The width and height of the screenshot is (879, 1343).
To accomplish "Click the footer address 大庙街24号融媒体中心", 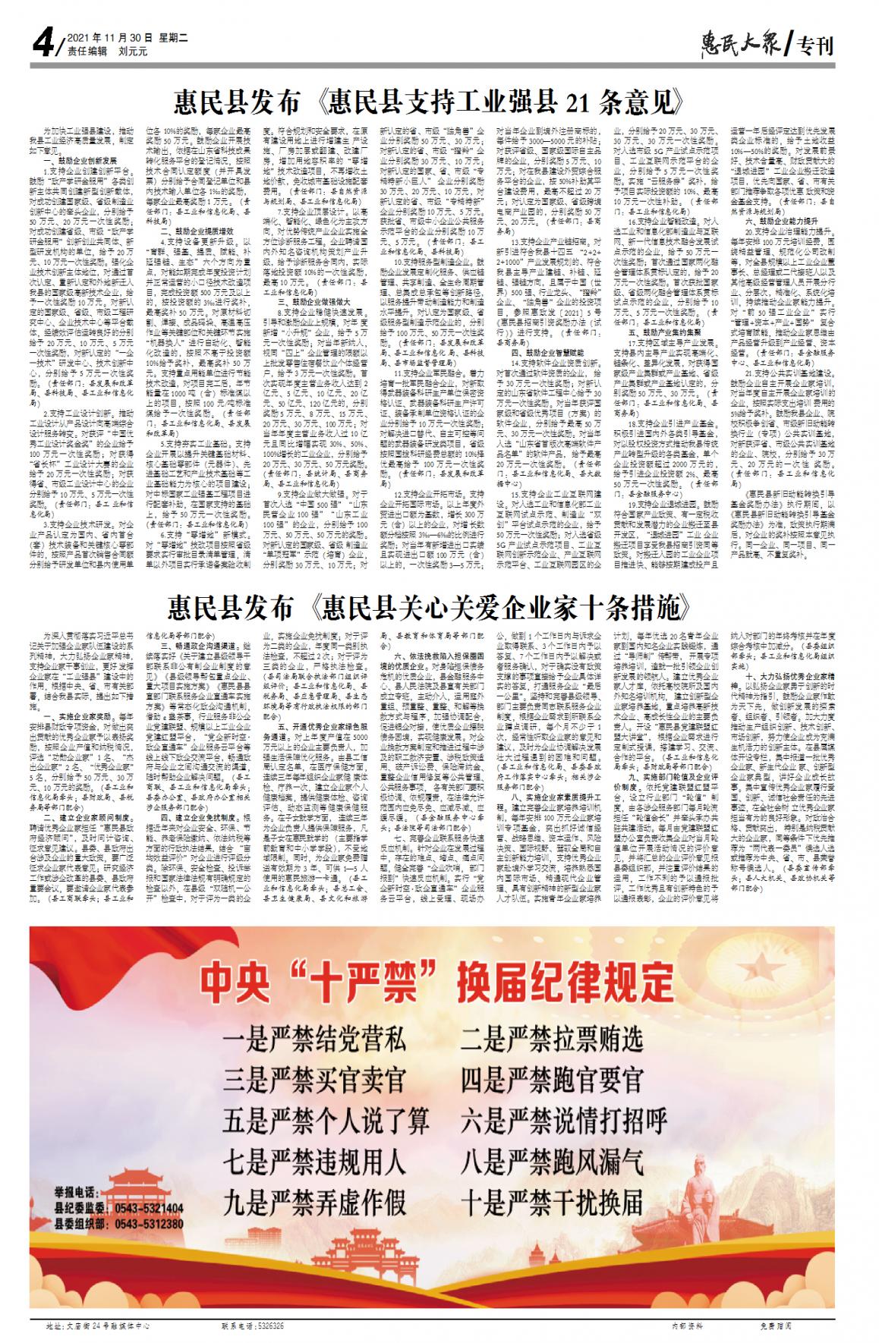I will point(98,1326).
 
